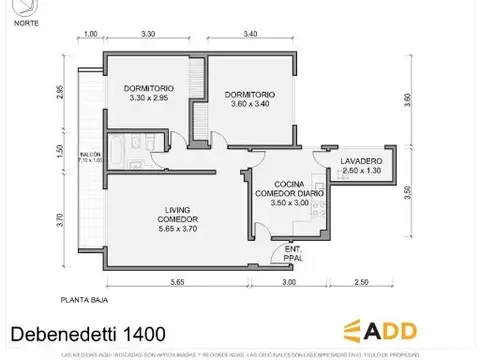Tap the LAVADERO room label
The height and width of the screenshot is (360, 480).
coord(360,161)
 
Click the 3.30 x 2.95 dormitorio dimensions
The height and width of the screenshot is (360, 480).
coord(149,98)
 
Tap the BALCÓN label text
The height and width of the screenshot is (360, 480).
coord(90,153)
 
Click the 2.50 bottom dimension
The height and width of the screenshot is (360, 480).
coord(361,283)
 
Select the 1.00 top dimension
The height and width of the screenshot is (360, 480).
coord(90,35)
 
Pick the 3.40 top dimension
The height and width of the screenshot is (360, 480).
coord(250,35)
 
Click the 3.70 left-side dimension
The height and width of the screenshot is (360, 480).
coord(61,222)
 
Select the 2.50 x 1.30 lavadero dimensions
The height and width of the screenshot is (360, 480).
coord(360,171)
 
